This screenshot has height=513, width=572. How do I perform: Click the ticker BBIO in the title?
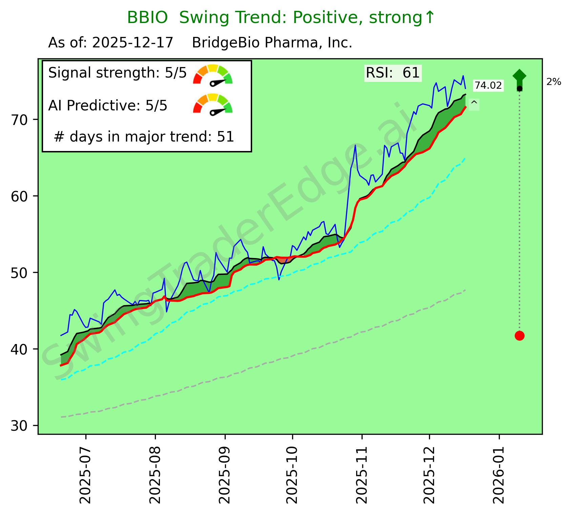(147, 18)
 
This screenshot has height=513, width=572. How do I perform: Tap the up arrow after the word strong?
(429, 18)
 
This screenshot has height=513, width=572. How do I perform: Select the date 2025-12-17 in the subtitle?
(132, 43)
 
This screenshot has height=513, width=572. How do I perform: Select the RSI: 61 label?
(392, 73)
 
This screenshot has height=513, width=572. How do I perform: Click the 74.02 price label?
(488, 86)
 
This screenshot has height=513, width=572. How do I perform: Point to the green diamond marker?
(519, 76)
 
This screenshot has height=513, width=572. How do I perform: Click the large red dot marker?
(519, 336)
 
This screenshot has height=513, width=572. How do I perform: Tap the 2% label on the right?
(554, 82)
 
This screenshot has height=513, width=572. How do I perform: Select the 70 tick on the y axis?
(19, 120)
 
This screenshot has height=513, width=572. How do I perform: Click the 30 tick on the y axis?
(19, 426)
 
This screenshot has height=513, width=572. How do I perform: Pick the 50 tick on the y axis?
(19, 273)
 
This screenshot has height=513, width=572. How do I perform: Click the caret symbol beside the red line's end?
(474, 104)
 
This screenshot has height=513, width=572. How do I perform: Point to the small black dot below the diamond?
(519, 89)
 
